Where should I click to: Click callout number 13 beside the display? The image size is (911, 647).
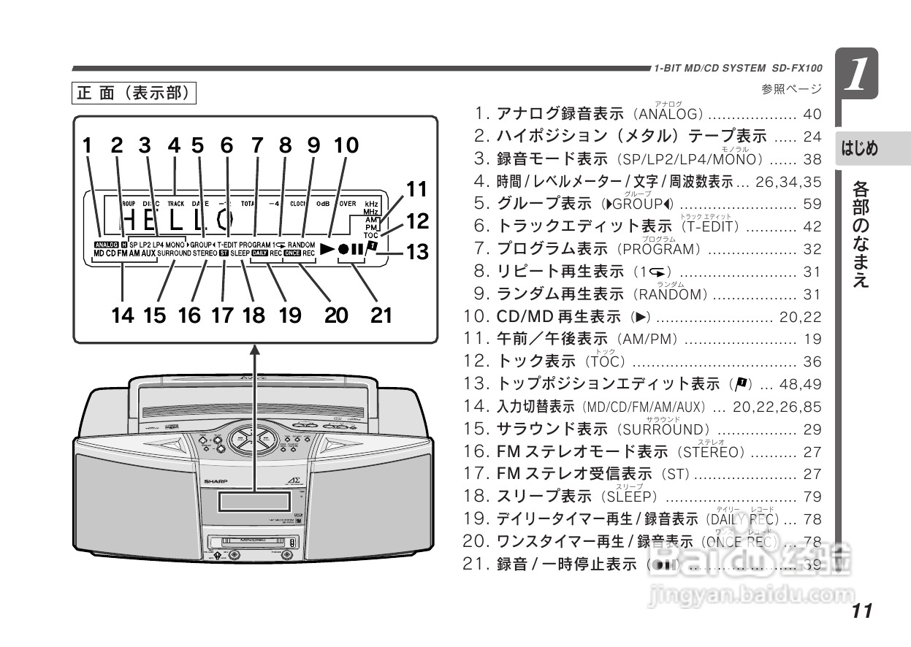417,253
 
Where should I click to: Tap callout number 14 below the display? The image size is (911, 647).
123,315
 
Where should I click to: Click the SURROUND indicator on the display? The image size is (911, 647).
174,253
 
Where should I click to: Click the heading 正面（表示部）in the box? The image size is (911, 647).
134,93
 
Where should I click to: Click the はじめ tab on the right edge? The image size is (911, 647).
860,149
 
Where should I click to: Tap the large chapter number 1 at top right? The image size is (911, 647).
859,75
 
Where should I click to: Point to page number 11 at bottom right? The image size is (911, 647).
862,611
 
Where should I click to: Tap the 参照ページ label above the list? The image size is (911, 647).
791,90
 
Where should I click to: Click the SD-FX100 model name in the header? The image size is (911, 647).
797,68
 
